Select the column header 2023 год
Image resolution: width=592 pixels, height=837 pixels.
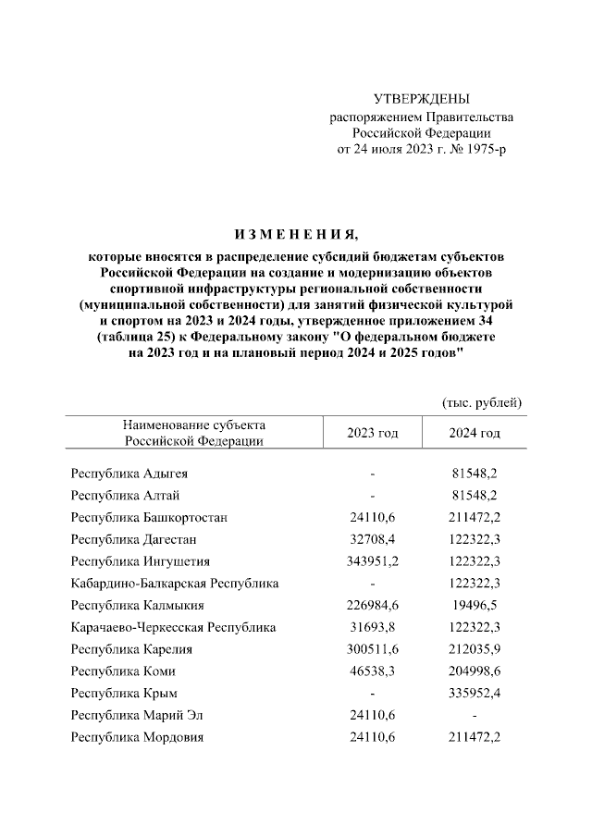(x=372, y=433)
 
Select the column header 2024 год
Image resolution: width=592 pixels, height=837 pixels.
(x=475, y=433)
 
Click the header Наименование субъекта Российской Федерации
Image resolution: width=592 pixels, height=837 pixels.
(x=194, y=433)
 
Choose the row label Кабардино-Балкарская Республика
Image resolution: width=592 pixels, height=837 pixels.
(x=175, y=584)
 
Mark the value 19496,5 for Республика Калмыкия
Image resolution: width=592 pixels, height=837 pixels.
(x=475, y=606)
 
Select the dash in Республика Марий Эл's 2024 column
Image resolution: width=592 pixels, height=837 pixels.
(x=475, y=716)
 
